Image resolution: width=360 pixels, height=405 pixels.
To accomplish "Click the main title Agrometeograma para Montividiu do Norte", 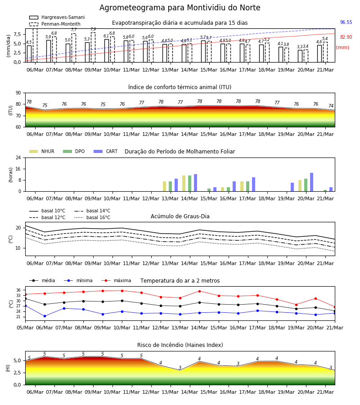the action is click(x=180, y=8).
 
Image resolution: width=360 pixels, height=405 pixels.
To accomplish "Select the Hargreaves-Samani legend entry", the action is click(x=57, y=17).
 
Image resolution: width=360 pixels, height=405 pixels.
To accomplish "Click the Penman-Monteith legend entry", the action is click(x=55, y=24).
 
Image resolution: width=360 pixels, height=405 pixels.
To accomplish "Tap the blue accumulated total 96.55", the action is click(x=346, y=22).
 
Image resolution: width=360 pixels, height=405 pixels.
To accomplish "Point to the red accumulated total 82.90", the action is click(x=346, y=37).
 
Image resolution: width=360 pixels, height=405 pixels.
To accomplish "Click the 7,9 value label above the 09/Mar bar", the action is click(x=93, y=29).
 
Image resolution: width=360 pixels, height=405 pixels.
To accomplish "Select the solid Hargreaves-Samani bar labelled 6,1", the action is click(x=107, y=50).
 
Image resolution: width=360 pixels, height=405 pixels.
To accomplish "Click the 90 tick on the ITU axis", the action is click(x=18, y=93).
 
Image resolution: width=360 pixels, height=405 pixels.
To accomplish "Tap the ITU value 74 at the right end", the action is click(x=331, y=106).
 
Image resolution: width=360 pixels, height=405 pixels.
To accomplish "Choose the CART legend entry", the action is click(x=106, y=151).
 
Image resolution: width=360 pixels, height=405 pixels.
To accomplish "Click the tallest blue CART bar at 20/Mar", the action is click(x=312, y=182).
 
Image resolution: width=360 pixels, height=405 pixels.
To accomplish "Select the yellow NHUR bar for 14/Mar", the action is click(x=184, y=184).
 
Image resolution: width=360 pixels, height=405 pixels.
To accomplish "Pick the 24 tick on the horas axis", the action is click(x=18, y=157).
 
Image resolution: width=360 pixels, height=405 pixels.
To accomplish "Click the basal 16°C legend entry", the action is click(x=92, y=217).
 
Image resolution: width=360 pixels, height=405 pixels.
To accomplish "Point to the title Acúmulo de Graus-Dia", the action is click(x=180, y=216).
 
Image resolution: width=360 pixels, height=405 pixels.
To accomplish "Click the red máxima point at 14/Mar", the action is click(x=199, y=291).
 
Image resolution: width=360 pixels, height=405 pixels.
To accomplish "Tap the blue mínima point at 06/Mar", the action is click(x=45, y=316).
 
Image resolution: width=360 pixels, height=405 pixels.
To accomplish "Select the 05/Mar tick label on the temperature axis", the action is click(x=25, y=328).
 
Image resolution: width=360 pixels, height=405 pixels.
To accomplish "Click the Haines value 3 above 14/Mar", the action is click(x=180, y=368).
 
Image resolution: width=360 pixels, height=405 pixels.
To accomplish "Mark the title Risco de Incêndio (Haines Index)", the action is click(x=180, y=345).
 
